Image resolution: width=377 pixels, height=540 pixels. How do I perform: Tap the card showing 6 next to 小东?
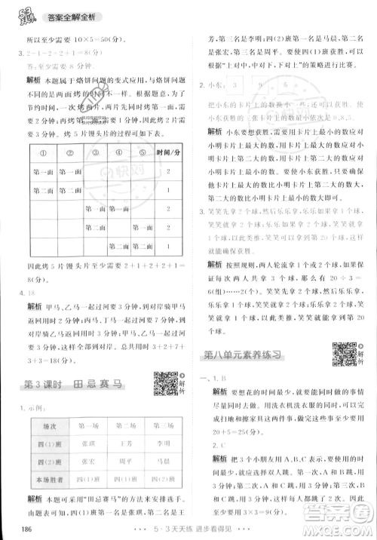[287, 85]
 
